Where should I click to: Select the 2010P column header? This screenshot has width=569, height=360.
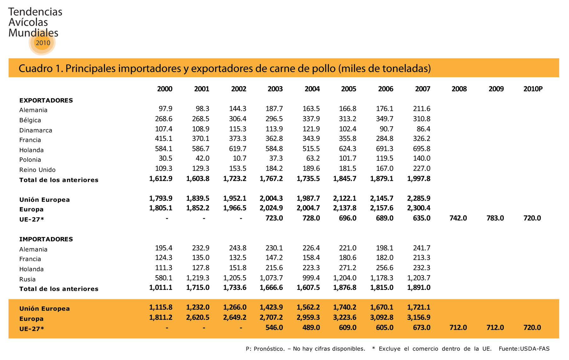point(533,89)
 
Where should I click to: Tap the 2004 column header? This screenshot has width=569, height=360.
point(312,89)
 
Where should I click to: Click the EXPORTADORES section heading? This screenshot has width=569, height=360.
point(46,100)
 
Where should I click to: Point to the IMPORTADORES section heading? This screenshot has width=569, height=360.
point(46,239)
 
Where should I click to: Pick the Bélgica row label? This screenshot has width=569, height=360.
point(30,120)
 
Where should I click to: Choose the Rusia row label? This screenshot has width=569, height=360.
point(27,279)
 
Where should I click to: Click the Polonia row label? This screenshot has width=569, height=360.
point(30,160)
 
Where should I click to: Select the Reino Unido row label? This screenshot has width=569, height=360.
point(38,170)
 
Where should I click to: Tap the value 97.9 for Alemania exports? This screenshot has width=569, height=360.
point(165,109)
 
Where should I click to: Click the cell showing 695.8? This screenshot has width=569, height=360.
point(422,148)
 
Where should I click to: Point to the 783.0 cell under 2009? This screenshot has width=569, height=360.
point(495,218)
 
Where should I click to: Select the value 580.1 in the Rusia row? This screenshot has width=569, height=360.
point(164,278)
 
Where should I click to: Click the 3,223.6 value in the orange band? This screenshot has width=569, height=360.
point(345,317)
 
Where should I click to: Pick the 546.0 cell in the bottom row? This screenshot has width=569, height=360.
point(274,328)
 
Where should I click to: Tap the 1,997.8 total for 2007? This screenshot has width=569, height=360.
point(419,179)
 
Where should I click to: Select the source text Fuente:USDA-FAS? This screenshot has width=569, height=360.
point(524,349)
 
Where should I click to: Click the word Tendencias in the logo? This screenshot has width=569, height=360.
point(35,12)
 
